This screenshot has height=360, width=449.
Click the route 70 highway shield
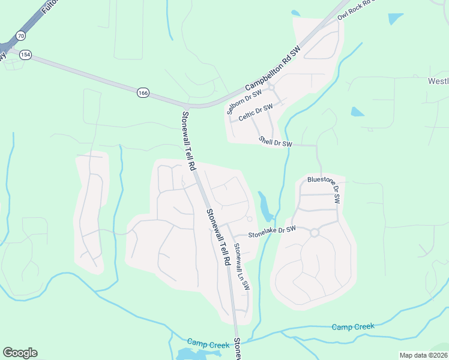22,35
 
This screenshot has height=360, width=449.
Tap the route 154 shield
25,55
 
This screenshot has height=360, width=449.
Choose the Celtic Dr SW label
255,113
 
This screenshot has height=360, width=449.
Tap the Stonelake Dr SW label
273,232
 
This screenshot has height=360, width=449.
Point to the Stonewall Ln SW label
241,266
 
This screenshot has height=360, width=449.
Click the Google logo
20,353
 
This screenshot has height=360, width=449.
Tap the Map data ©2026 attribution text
423,355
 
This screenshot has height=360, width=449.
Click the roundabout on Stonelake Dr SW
314,232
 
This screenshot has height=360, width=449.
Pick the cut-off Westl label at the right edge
438,81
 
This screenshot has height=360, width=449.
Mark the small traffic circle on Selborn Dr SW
271,87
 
